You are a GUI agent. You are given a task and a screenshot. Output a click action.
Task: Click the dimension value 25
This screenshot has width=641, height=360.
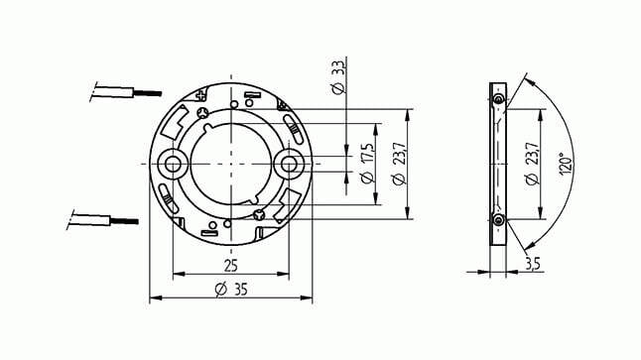point(231,266)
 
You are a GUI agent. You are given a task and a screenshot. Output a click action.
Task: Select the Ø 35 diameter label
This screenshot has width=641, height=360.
point(231,290)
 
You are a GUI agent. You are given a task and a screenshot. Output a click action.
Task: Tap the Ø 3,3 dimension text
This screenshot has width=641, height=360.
point(338,77)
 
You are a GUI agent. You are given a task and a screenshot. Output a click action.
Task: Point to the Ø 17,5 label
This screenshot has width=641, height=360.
point(367,163)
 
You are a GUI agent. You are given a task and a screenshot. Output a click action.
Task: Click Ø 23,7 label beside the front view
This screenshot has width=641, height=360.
point(399,164)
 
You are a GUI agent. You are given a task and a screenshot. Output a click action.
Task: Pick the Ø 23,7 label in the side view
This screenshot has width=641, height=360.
point(532,164)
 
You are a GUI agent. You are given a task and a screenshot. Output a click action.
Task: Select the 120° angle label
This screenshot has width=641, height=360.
point(566,164)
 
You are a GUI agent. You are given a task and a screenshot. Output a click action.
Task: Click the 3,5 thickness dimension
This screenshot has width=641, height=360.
point(532,264)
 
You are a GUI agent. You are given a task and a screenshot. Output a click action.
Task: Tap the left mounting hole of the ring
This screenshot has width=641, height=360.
point(172,165)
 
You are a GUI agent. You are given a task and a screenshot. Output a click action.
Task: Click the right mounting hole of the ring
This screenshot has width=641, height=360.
point(289,165)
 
